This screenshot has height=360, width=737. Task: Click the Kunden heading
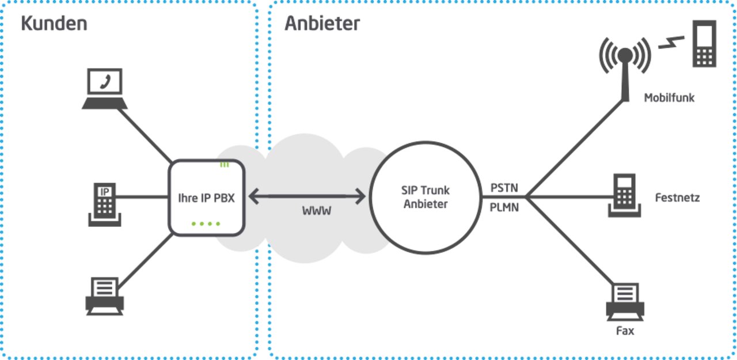[54, 24]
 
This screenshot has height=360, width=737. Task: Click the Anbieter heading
[322, 24]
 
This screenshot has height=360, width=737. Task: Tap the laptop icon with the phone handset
[105, 89]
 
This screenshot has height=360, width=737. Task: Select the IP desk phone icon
[105, 204]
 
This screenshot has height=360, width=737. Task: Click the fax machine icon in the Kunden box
[105, 296]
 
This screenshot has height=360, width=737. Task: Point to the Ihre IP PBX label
[206, 198]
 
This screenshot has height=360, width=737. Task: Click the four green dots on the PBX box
[206, 223]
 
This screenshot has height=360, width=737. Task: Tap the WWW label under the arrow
[317, 211]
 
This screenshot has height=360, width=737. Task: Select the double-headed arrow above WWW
[307, 196]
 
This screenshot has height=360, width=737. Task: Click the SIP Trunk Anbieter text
[426, 197]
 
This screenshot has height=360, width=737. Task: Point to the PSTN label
[504, 188]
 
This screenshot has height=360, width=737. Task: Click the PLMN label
[504, 207]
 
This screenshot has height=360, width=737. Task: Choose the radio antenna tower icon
[625, 70]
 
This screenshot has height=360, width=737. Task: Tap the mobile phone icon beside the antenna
[704, 44]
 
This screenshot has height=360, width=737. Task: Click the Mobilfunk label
[669, 98]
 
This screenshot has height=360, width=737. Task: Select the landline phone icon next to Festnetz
[624, 195]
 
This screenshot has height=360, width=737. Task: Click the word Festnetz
[678, 198]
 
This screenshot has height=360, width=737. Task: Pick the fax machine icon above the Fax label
[625, 302]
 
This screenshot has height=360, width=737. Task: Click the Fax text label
[625, 331]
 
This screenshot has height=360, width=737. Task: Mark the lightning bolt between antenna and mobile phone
[671, 43]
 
